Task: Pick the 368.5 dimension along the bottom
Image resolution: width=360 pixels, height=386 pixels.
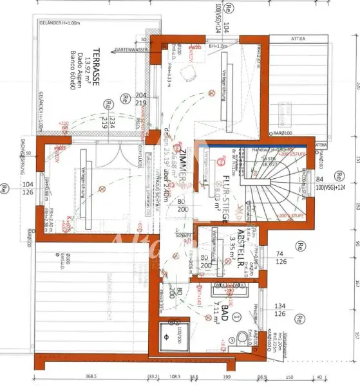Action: pyautogui.click(x=90, y=377)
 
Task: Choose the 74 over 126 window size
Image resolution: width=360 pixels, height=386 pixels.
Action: pyautogui.click(x=279, y=257)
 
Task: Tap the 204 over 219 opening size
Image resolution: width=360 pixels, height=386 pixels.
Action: pyautogui.click(x=142, y=98)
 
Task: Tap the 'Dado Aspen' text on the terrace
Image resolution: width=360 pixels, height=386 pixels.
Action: pyautogui.click(x=82, y=63)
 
